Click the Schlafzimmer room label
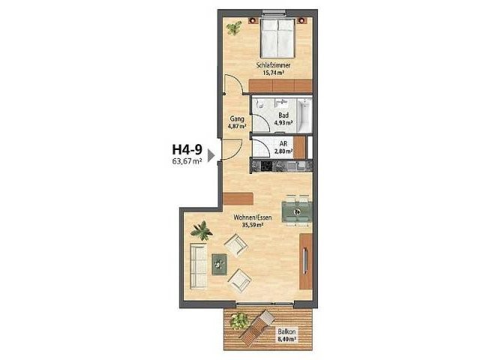click(273, 65)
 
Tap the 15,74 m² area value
click(273, 73)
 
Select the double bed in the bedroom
click(277, 38)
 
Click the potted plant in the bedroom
click(234, 28)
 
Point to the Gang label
click(237, 118)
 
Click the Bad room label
click(283, 115)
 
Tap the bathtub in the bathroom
click(304, 115)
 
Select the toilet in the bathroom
click(260, 104)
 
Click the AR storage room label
click(283, 143)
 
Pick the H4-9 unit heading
click(187, 150)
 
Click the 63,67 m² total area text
click(187, 161)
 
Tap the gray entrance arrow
click(211, 155)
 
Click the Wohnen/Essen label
click(253, 217)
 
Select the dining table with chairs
click(296, 211)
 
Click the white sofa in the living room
click(199, 265)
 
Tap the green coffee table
click(220, 265)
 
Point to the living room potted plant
click(202, 230)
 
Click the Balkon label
click(286, 331)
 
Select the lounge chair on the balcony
click(256, 326)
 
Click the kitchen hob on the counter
click(265, 166)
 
